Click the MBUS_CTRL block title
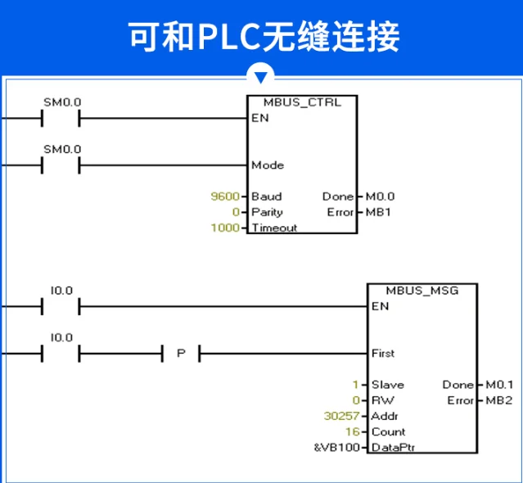pyautogui.click(x=302, y=102)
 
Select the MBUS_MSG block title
pyautogui.click(x=422, y=291)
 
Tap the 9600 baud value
pyautogui.click(x=225, y=196)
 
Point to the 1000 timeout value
pyautogui.click(x=225, y=228)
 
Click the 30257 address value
pyautogui.click(x=342, y=416)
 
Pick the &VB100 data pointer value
pyautogui.click(x=337, y=447)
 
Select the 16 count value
pyautogui.click(x=353, y=431)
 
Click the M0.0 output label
pyautogui.click(x=380, y=196)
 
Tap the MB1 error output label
pyautogui.click(x=378, y=212)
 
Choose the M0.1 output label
pyautogui.click(x=499, y=385)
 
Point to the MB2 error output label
pyautogui.click(x=499, y=400)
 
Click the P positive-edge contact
pyautogui.click(x=181, y=353)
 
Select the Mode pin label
pyautogui.click(x=268, y=165)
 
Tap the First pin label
pyautogui.click(x=383, y=353)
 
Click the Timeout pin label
pyautogui.click(x=274, y=228)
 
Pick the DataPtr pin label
pyautogui.click(x=393, y=447)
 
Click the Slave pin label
pyautogui.click(x=388, y=385)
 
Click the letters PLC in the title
pyautogui.click(x=229, y=36)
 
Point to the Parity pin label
pyautogui.click(x=267, y=212)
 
